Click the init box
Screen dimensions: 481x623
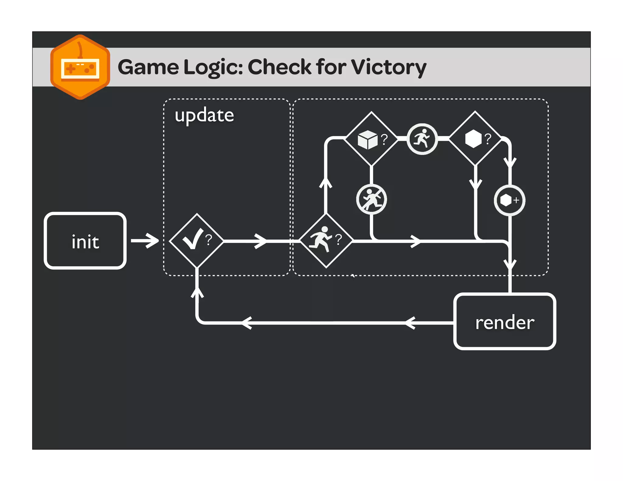pos(85,241)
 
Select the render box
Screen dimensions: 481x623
pos(504,322)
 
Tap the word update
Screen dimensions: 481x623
pos(204,116)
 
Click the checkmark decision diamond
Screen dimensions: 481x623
pos(197,241)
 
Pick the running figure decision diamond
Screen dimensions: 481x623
pos(326,241)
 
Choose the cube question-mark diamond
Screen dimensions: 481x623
pos(371,139)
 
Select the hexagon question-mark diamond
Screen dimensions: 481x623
pos(475,139)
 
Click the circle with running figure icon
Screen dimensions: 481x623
pos(422,139)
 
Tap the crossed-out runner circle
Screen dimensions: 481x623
pos(371,199)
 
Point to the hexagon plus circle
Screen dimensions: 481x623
pos(509,200)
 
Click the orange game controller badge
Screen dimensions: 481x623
pos(80,67)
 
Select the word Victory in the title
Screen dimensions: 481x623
pos(388,67)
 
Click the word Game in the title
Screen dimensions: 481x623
pos(148,67)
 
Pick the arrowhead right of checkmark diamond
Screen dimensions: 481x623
pos(261,241)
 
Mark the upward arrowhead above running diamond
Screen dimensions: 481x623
pos(325,183)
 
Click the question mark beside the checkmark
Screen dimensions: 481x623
pos(209,240)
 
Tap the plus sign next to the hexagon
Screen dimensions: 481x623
pos(516,200)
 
